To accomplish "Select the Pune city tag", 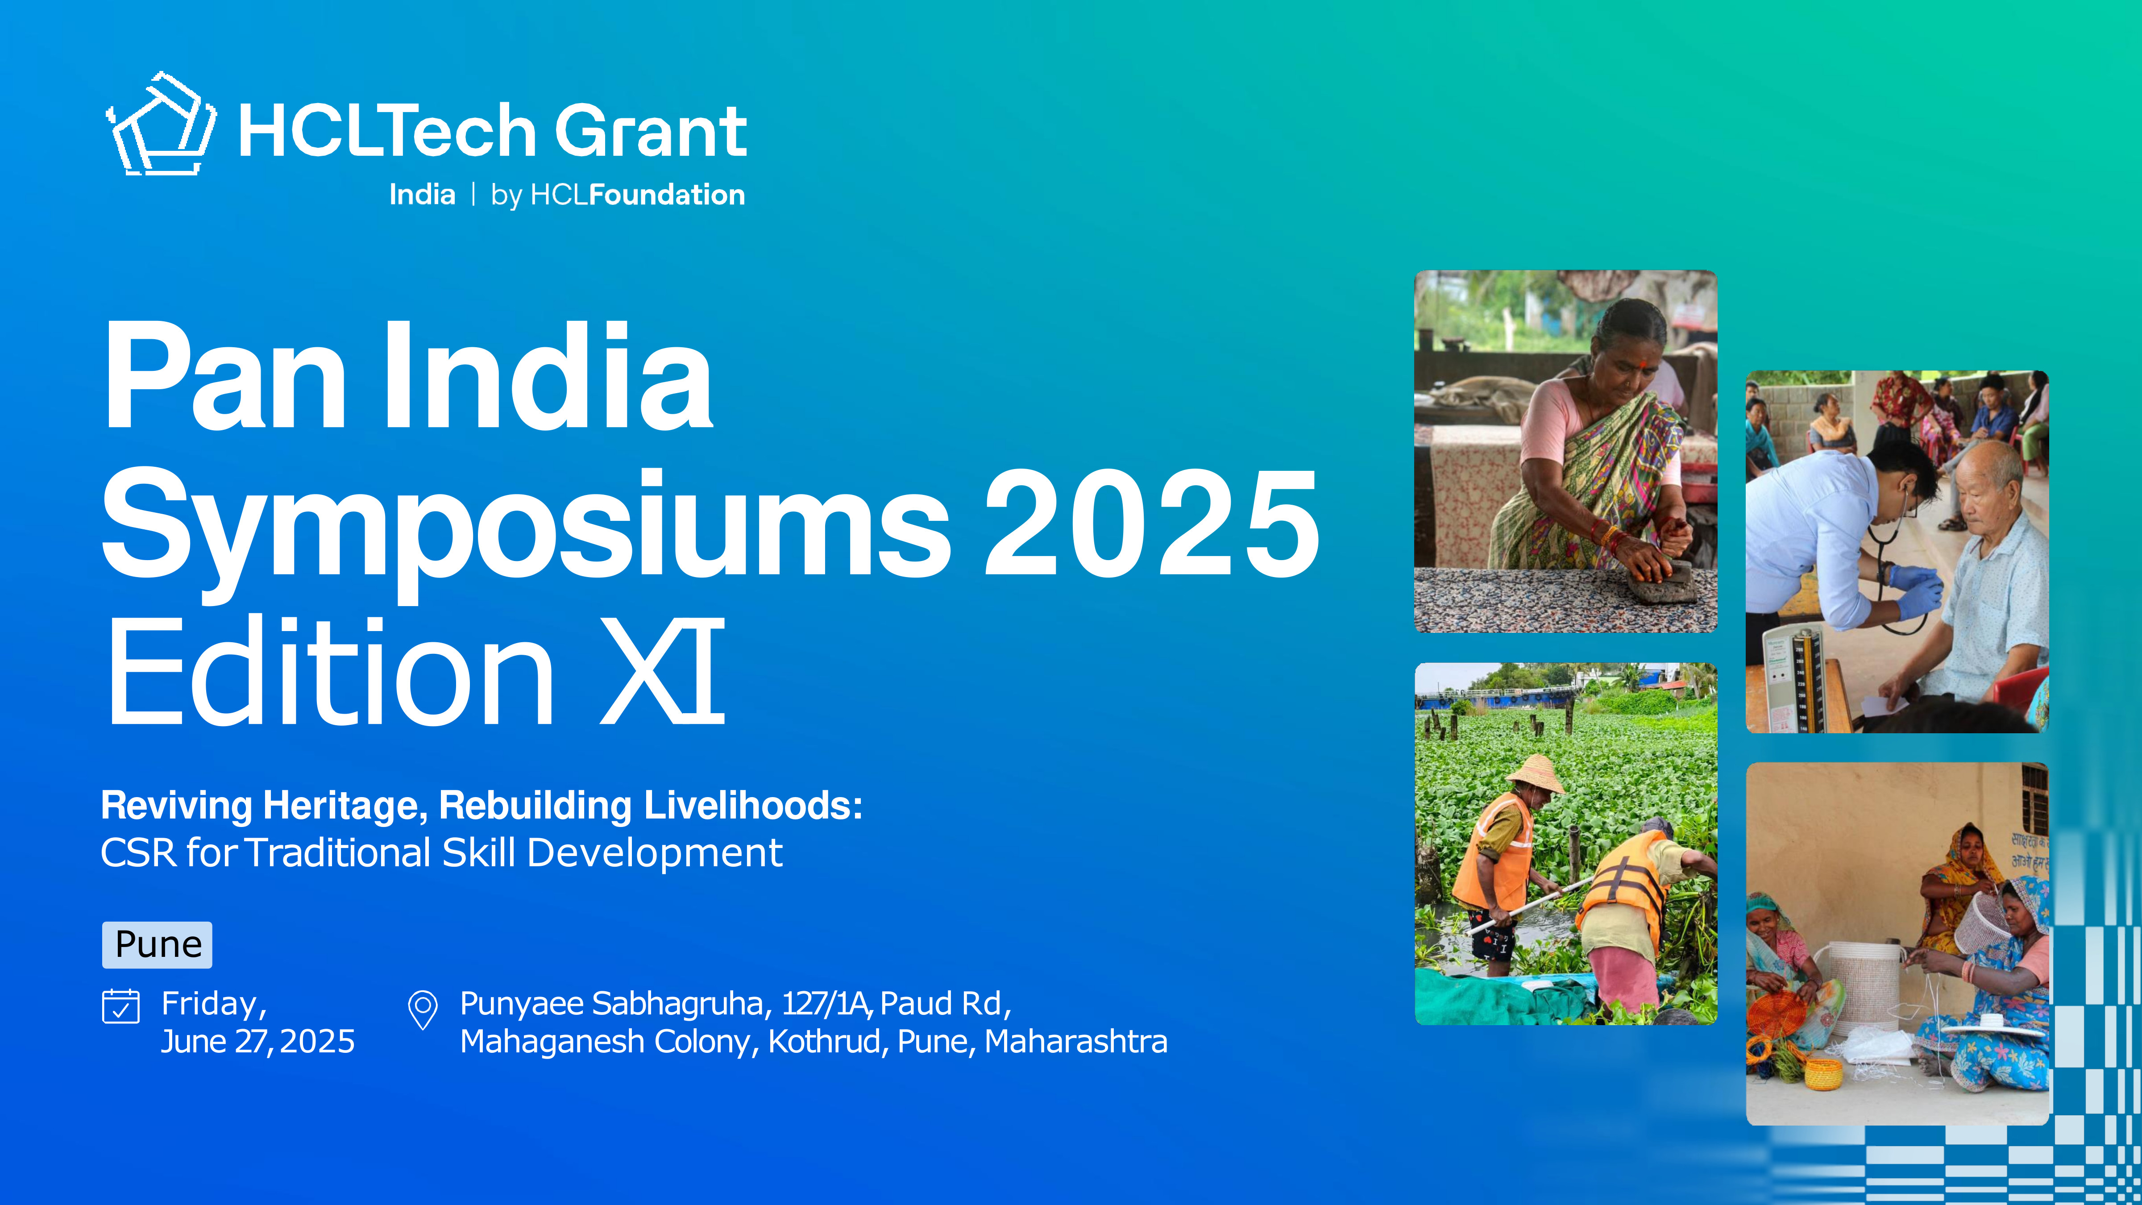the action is click(157, 945).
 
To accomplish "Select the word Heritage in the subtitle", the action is click(344, 806).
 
